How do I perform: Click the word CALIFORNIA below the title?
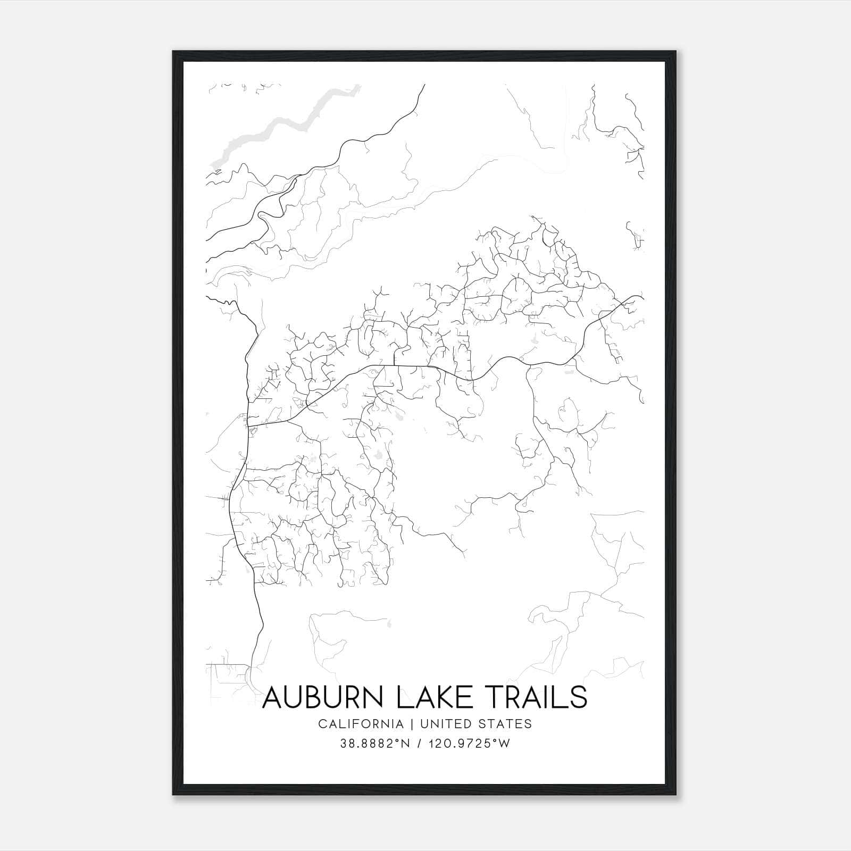360,724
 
